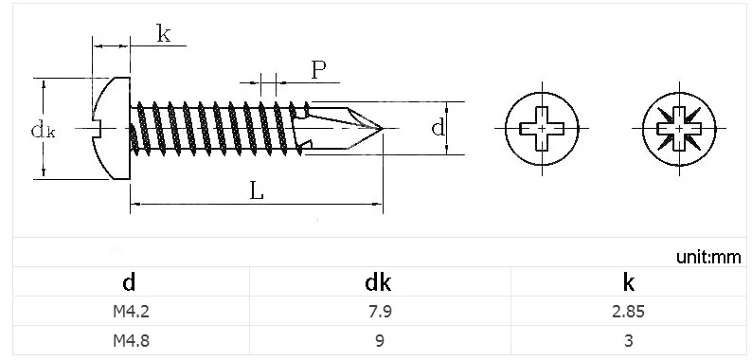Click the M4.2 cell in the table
click(x=131, y=312)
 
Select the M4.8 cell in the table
click(x=131, y=340)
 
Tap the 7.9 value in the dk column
click(x=379, y=312)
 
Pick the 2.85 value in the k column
click(x=629, y=312)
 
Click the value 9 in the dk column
click(x=380, y=340)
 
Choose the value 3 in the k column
click(x=629, y=340)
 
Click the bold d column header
click(x=129, y=282)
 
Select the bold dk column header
click(x=378, y=282)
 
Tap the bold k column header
click(x=629, y=282)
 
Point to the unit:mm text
click(x=708, y=258)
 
